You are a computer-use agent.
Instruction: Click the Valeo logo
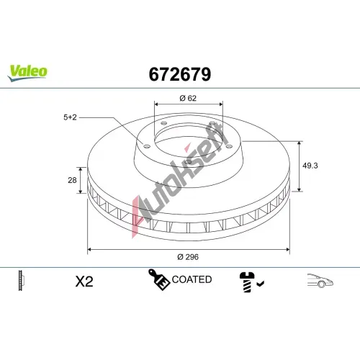[x=27, y=73]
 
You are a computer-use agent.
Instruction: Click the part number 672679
[x=180, y=74]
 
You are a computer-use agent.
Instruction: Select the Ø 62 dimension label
[x=188, y=98]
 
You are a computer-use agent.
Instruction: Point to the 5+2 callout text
[x=70, y=117]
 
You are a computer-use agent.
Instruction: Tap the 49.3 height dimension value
[x=310, y=166]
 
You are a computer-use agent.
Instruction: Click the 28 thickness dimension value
[x=72, y=180]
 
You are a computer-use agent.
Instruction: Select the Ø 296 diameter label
[x=188, y=257]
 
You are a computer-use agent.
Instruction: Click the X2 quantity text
[x=84, y=282]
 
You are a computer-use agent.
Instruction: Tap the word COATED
[x=192, y=279]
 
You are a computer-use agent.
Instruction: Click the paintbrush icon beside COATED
[x=159, y=279]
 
